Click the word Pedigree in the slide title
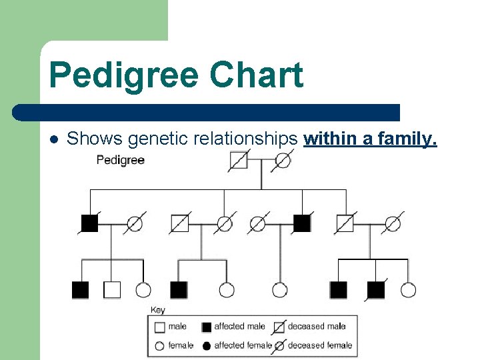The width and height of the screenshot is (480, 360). [125, 75]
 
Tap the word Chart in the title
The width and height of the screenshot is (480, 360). [257, 75]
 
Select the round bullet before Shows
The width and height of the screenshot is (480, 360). [54, 139]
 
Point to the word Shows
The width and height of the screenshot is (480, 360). [95, 139]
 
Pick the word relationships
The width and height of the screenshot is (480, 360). [245, 139]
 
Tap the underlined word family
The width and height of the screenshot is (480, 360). [406, 139]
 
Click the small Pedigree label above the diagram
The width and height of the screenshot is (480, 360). [120, 160]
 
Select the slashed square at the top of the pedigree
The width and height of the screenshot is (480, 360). [238, 161]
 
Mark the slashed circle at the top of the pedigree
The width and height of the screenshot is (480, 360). [283, 161]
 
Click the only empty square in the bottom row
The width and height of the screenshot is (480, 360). [112, 290]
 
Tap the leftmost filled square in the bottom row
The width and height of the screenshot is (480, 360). [80, 290]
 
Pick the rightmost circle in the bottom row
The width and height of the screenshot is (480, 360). [408, 290]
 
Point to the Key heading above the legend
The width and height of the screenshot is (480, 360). [158, 310]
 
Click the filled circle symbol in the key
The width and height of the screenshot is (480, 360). [206, 345]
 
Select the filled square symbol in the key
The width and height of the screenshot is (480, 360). [206, 327]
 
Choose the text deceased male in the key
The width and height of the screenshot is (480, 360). [317, 327]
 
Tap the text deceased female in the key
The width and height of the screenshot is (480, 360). [320, 345]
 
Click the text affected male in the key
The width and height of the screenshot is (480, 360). [239, 327]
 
